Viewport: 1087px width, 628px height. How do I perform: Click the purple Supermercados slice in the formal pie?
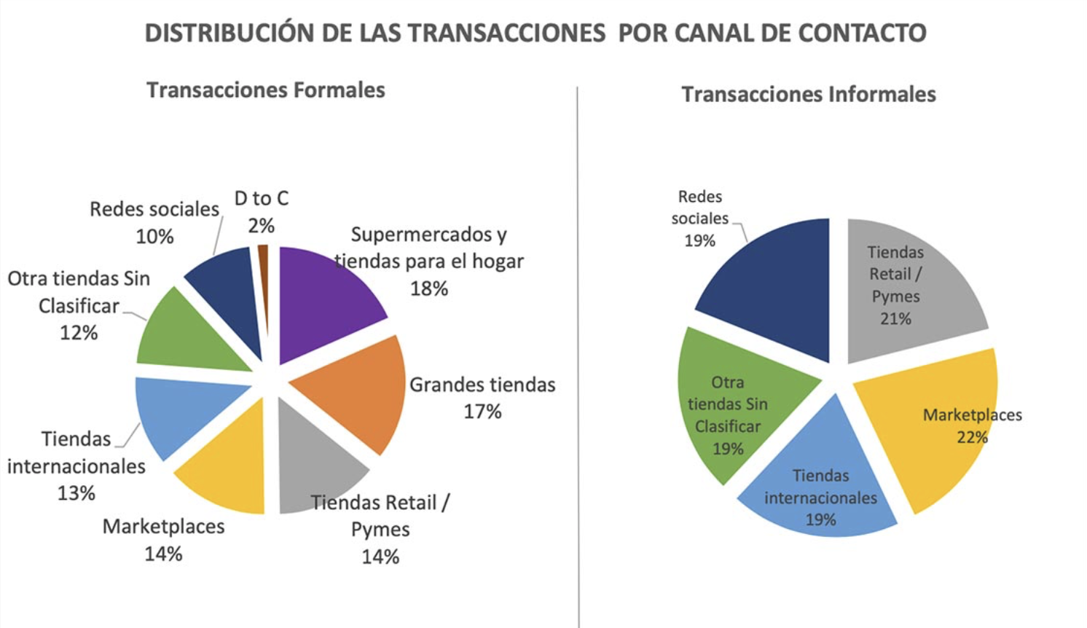coord(321,299)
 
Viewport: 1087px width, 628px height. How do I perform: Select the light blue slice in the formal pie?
coord(182,412)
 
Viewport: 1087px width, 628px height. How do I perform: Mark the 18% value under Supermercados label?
coord(428,289)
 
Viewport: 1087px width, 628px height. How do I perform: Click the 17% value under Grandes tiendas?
coord(482,412)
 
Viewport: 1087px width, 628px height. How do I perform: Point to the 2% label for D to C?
coord(261,226)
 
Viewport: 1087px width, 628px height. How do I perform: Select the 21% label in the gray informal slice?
coord(895,318)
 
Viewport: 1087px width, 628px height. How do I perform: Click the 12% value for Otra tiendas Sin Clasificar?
coord(79,333)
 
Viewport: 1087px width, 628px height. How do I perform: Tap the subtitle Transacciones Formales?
coord(266,90)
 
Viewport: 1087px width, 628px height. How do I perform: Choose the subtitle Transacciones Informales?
coord(809,95)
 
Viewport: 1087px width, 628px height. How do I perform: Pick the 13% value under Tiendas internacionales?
coord(76,493)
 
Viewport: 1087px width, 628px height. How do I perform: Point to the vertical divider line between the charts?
coord(578,364)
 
